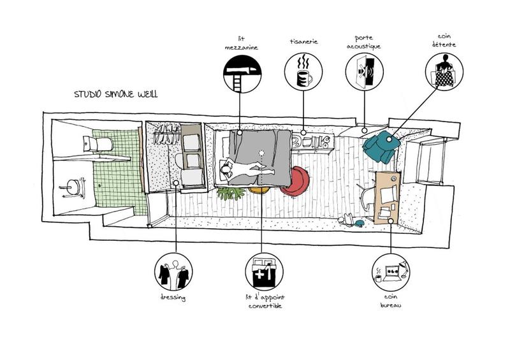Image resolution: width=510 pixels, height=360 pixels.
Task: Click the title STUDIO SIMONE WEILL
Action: (x=115, y=94)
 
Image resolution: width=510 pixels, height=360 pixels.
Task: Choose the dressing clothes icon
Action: (x=173, y=272)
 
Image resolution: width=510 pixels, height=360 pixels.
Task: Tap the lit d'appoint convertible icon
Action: (x=263, y=272)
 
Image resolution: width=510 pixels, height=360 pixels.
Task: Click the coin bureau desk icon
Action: (x=390, y=272)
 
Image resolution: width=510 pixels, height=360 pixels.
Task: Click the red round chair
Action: (x=296, y=180)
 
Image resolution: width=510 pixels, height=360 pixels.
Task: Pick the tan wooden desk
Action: (x=388, y=196)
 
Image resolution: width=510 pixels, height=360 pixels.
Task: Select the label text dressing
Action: (x=173, y=298)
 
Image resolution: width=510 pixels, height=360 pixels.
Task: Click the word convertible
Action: (x=263, y=306)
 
